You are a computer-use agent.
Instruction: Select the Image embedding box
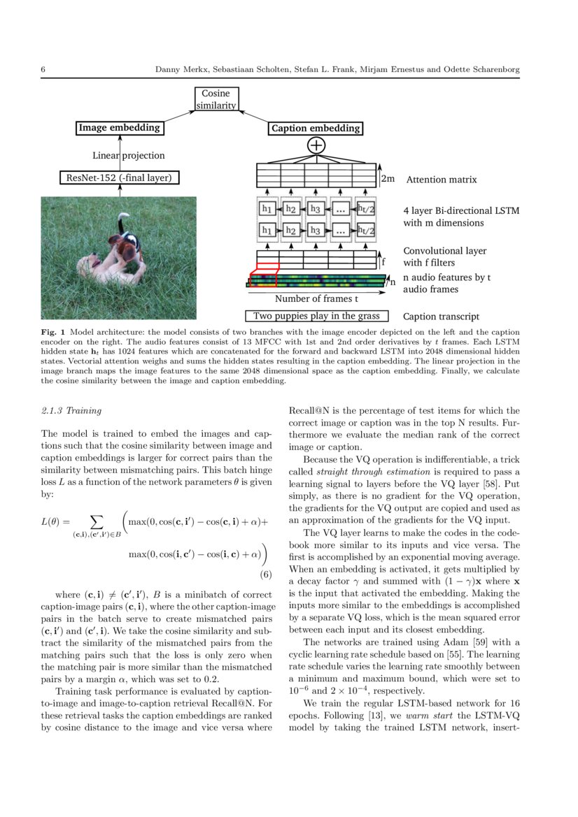click(119, 128)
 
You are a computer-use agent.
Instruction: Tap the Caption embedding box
click(316, 129)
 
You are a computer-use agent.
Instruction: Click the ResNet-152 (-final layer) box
click(119, 178)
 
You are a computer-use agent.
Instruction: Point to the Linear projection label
click(129, 155)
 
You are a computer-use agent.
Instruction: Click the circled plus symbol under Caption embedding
click(316, 145)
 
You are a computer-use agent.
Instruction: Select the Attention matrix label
click(441, 180)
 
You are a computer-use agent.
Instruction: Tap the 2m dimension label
click(388, 179)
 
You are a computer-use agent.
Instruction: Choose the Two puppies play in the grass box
click(316, 316)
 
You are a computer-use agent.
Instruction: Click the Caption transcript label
click(442, 317)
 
